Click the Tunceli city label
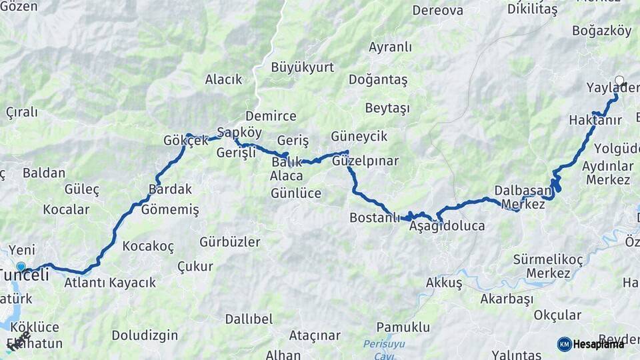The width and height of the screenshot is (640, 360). (x=25, y=275)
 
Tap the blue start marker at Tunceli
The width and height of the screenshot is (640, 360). (x=21, y=267)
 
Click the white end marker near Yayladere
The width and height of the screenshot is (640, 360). (x=619, y=81)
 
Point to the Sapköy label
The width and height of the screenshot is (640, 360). (x=239, y=133)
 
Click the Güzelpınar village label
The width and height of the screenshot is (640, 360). (x=365, y=161)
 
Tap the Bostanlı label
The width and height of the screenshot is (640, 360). (x=375, y=218)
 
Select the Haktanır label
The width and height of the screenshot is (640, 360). (x=595, y=120)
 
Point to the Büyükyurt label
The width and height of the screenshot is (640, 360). (x=303, y=67)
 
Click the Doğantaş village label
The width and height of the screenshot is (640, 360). (x=378, y=79)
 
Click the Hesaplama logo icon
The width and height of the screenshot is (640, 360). (x=565, y=344)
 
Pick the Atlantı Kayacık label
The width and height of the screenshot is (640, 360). (x=110, y=282)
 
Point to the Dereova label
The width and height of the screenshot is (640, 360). (x=438, y=10)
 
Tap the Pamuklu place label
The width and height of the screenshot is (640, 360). (x=403, y=327)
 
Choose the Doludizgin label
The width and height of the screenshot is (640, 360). (x=145, y=335)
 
